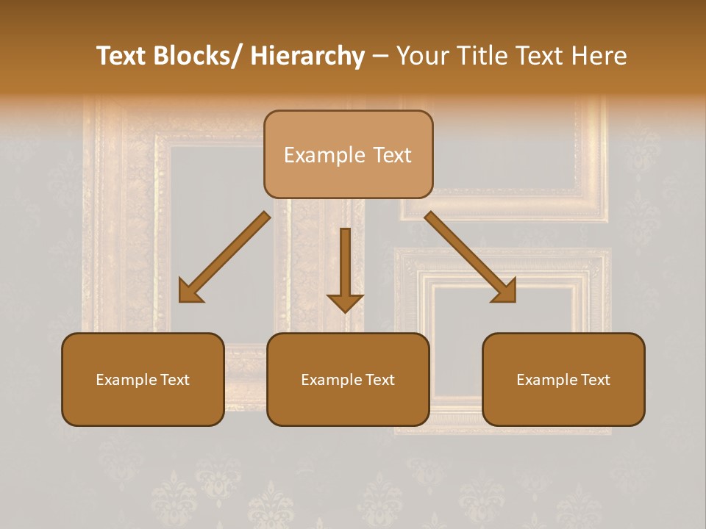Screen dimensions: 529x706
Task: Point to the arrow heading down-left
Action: [x=225, y=257]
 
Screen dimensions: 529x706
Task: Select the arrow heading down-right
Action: [x=471, y=257]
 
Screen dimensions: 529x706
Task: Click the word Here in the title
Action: [x=599, y=57]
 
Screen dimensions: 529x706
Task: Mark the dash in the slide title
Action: [x=380, y=57]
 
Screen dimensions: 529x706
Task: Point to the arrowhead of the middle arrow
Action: [x=345, y=303]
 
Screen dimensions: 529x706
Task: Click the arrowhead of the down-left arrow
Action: [x=190, y=292]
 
